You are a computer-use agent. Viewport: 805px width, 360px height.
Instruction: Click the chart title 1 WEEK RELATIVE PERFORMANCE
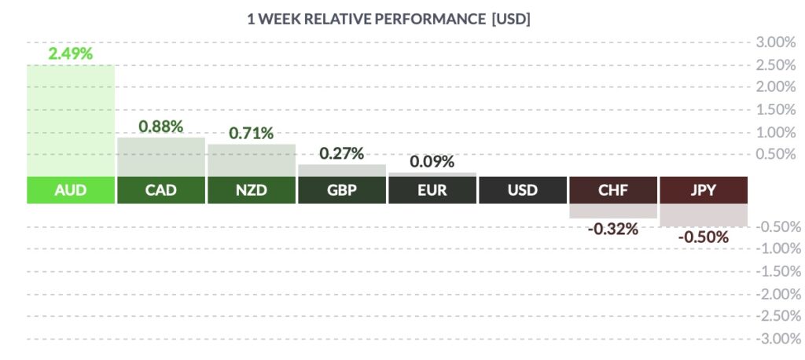(x=366, y=20)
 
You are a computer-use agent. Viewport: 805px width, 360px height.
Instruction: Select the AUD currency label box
(x=71, y=190)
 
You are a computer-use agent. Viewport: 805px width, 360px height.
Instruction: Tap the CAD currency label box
(x=161, y=190)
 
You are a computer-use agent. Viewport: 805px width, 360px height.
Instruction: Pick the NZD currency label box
(x=252, y=190)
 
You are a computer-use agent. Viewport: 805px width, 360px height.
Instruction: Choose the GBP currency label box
(x=342, y=190)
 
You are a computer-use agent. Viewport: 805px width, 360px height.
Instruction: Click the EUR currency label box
(x=432, y=190)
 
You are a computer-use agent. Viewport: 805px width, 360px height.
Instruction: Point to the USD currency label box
(x=523, y=190)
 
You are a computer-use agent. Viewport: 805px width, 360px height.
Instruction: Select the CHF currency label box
(x=613, y=190)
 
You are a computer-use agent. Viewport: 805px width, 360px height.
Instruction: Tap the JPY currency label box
(x=704, y=190)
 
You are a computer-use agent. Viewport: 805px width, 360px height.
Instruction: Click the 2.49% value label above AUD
(x=70, y=53)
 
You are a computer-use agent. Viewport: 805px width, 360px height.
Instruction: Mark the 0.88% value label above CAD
(x=160, y=127)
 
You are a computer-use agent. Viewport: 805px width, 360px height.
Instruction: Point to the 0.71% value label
(x=251, y=134)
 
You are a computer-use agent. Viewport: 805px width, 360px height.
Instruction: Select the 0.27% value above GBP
(x=341, y=153)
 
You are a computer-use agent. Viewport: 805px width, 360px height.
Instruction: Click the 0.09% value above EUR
(x=432, y=162)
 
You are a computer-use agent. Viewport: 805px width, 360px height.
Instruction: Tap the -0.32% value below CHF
(x=612, y=229)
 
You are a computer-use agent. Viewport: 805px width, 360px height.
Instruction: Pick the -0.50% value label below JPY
(x=703, y=237)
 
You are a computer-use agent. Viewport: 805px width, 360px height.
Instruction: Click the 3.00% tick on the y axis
(x=776, y=42)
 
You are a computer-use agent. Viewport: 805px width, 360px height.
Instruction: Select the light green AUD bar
(x=71, y=121)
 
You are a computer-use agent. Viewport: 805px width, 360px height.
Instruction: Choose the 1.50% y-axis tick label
(x=776, y=110)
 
